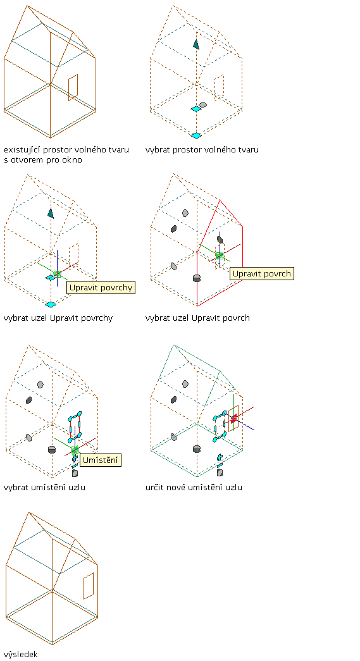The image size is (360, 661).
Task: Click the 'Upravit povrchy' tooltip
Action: pos(101,288)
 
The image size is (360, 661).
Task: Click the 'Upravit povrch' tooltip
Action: pos(262,274)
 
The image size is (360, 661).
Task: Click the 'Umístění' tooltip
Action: pos(101,459)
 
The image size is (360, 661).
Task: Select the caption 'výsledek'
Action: pos(21,654)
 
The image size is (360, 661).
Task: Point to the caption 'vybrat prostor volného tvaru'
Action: pos(202,150)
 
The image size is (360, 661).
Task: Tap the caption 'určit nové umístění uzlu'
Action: pos(194,487)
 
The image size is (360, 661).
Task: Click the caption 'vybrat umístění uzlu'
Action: pos(47,487)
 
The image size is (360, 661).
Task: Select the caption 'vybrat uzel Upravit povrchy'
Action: pos(58,318)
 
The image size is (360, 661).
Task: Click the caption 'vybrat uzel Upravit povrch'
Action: pos(197,318)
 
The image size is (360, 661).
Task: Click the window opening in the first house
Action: pos(73,88)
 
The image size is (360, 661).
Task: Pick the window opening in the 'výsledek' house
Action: pos(88,586)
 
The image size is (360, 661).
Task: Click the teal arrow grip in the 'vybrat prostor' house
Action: pos(196,44)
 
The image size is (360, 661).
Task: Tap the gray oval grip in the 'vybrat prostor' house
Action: pos(202,104)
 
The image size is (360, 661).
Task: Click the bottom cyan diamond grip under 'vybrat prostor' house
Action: pos(196,135)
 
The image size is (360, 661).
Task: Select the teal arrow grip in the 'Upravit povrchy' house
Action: pos(51,213)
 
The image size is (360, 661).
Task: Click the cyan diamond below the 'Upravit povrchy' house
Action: pos(51,304)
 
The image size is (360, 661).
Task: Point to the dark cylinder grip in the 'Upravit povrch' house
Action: pos(196,278)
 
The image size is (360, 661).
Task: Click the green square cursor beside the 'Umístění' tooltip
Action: pos(75,450)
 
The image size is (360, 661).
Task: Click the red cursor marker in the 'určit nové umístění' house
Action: pos(233,417)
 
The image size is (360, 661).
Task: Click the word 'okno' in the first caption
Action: pos(72,160)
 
